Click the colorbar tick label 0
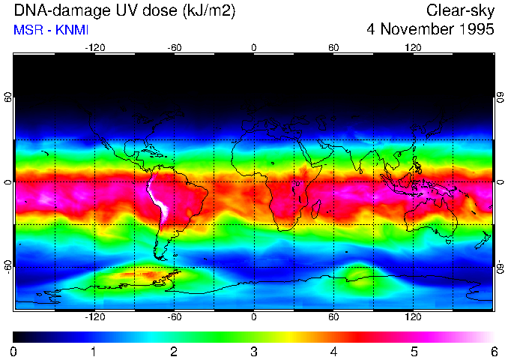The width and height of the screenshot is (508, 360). pos(14,350)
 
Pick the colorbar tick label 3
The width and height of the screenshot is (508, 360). pos(254,350)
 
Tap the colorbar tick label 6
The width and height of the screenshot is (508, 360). pos(494,350)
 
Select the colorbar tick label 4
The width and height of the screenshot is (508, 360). pos(334,350)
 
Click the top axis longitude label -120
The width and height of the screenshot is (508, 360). pos(94,47)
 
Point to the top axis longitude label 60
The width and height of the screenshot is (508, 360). pos(333,47)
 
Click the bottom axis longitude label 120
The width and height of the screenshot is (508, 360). pos(413,317)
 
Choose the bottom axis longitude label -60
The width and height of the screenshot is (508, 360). pos(174,317)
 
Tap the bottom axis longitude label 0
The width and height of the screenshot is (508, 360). pos(254,317)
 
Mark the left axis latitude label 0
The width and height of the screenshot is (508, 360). pos(7,182)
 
